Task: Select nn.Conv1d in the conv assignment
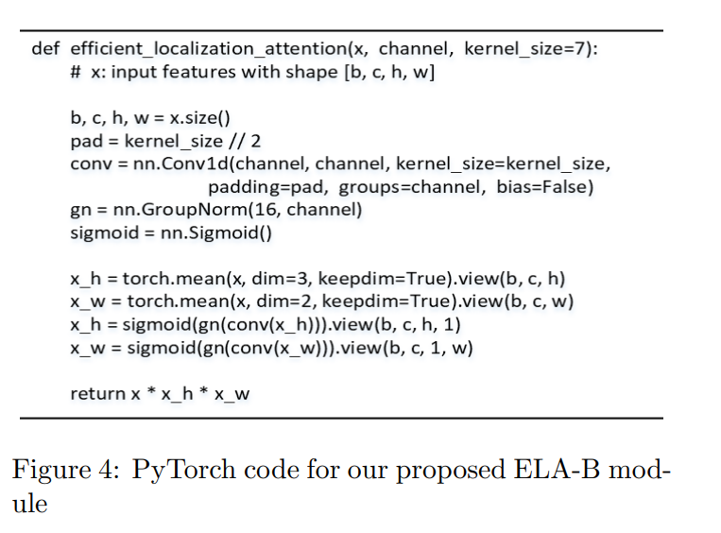[184, 163]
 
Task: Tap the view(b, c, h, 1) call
[401, 324]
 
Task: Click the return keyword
[98, 394]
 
